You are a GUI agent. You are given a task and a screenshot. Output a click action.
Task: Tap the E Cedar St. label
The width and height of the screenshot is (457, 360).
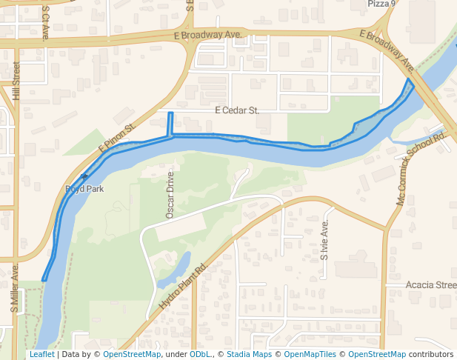tap(237, 110)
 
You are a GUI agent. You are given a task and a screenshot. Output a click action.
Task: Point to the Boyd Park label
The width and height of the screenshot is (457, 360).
tap(84, 189)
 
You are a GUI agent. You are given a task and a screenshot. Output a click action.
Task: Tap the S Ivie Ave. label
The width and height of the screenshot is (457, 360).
tap(324, 240)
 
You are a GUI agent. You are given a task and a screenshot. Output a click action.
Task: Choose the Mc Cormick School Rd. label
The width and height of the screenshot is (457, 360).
tap(420, 170)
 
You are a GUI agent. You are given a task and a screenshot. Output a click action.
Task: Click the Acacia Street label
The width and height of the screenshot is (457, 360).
tap(431, 284)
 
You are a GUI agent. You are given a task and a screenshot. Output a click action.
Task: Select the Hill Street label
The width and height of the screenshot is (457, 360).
tap(16, 81)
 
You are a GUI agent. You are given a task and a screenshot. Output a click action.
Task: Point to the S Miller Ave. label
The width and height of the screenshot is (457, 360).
tap(14, 290)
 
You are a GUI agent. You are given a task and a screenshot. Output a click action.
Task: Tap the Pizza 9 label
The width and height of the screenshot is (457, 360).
tap(382, 4)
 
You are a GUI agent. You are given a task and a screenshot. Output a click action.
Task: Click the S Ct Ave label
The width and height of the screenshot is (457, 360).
tap(46, 22)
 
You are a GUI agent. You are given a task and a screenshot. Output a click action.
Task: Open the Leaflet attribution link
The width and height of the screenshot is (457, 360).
tap(41, 355)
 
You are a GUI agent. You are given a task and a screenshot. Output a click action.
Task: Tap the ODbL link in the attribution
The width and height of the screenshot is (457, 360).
tap(200, 355)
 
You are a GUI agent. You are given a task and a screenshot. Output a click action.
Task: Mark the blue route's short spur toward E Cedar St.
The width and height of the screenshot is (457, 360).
tap(171, 123)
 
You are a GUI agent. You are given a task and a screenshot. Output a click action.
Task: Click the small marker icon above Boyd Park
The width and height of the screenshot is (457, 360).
tap(84, 177)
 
